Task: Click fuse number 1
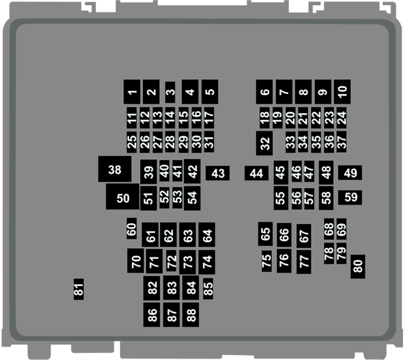click(132, 91)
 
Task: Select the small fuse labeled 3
click(170, 92)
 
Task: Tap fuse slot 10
click(342, 91)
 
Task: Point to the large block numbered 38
click(115, 169)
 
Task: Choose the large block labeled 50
click(122, 197)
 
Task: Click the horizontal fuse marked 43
click(218, 173)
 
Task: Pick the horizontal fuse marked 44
click(257, 173)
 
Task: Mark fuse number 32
click(264, 143)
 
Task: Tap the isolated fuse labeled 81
click(78, 289)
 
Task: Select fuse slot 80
click(358, 266)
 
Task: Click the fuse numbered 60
click(132, 228)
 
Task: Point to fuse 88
click(191, 315)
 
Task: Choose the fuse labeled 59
click(350, 198)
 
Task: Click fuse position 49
click(350, 173)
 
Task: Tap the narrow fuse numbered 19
click(277, 118)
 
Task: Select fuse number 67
click(304, 236)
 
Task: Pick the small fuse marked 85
click(208, 289)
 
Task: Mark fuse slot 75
click(267, 261)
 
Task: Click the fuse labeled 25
click(132, 142)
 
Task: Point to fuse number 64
click(207, 234)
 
